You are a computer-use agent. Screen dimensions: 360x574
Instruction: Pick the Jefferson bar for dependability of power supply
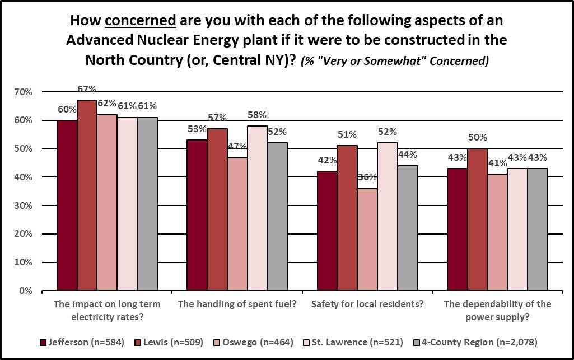(458, 230)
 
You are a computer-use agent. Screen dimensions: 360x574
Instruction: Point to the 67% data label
(87, 88)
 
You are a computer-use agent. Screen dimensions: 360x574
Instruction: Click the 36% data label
(367, 177)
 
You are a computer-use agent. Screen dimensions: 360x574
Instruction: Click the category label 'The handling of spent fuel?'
(237, 305)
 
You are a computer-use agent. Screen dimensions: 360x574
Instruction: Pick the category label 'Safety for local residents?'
(367, 305)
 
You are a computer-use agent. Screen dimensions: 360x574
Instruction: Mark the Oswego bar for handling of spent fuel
(237, 224)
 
